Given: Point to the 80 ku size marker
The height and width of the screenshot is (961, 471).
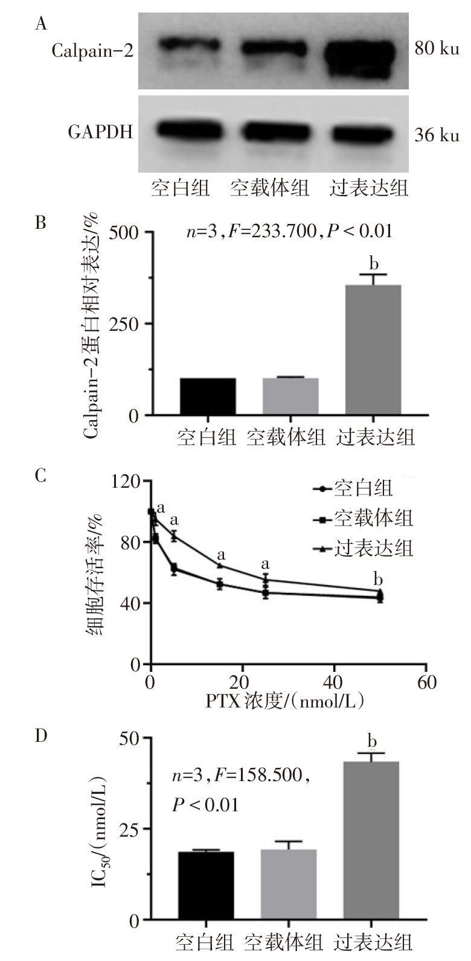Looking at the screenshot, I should (436, 48).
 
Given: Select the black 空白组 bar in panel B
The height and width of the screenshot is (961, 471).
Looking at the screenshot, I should (208, 396).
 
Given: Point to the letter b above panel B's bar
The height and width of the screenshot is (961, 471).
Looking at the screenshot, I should (374, 263).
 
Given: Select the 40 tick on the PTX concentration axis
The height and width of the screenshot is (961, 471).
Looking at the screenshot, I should (334, 682).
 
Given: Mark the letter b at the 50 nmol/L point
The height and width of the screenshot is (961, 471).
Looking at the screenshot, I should (379, 580).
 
